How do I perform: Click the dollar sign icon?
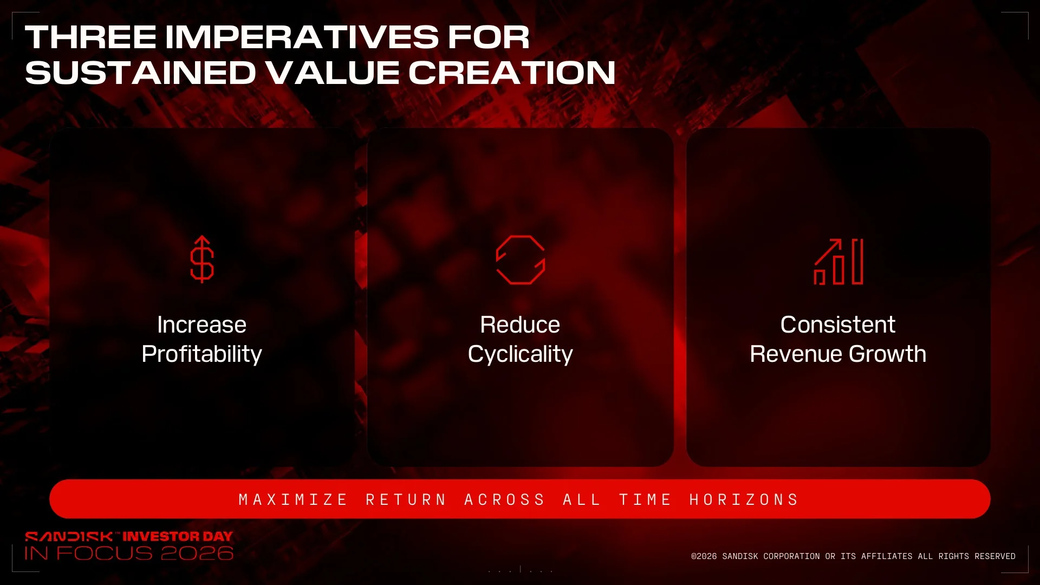tap(202, 260)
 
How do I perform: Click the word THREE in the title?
tap(90, 37)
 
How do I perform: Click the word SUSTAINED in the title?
tap(140, 73)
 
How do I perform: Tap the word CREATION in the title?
tap(512, 73)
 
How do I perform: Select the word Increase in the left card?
tap(201, 325)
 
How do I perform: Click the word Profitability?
tap(201, 354)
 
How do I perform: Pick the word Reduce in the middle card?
tap(520, 325)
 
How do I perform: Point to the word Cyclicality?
tap(520, 354)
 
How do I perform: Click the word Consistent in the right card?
tap(837, 325)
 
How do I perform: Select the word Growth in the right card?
tap(888, 354)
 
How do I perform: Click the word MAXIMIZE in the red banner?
tap(292, 499)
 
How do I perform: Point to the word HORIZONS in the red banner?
tap(744, 499)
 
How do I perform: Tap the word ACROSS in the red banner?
tap(504, 499)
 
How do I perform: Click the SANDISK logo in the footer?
tap(69, 537)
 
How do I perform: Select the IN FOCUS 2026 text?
tap(129, 553)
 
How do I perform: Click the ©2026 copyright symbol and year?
tap(704, 556)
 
